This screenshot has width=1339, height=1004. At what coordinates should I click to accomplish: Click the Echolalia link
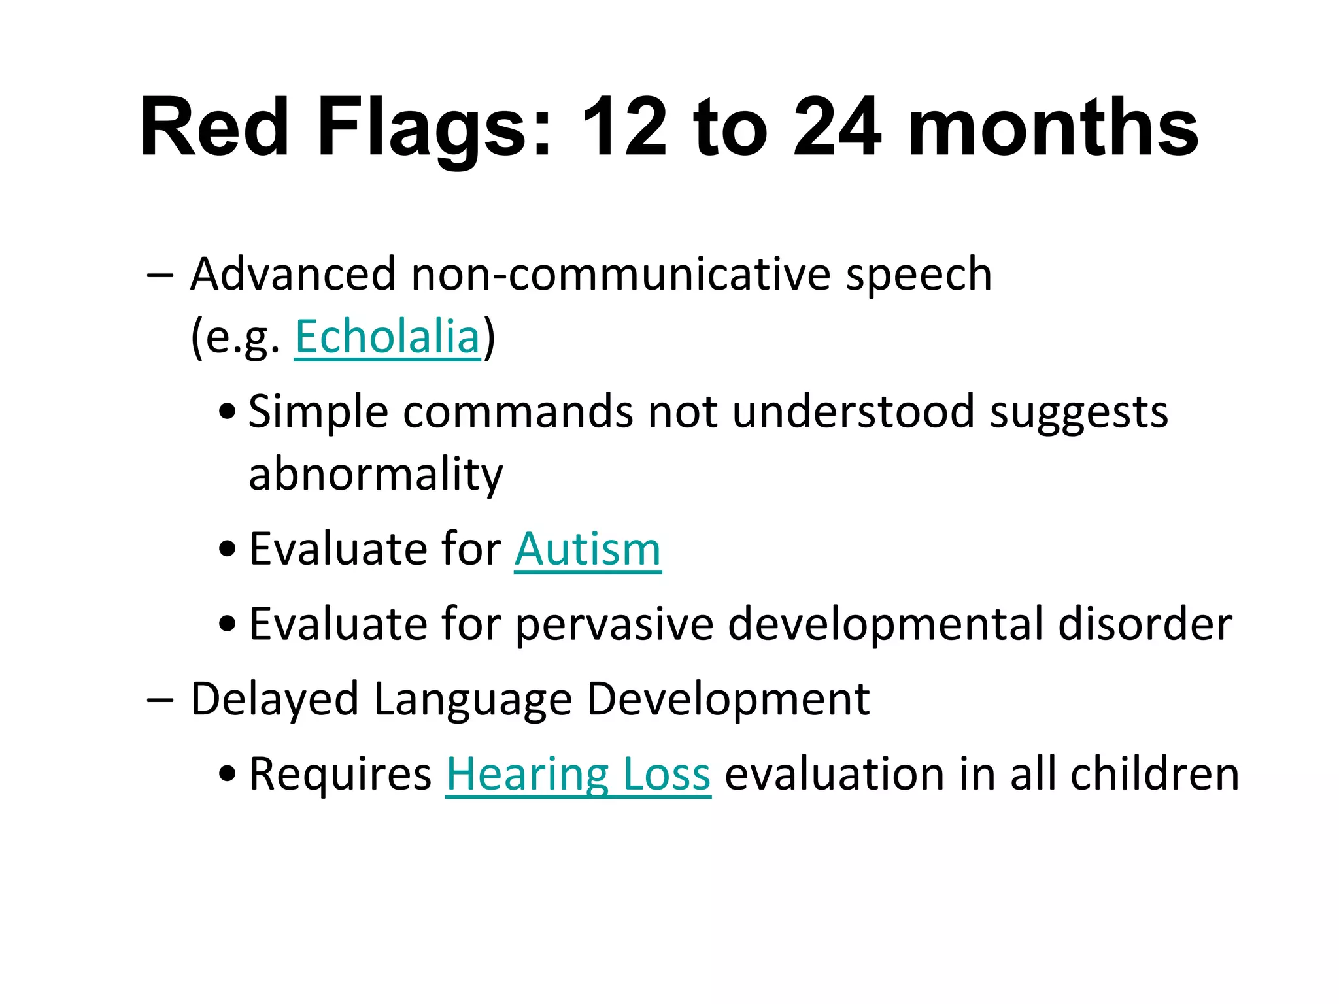pos(387,337)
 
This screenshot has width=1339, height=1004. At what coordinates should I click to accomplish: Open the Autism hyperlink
pos(587,549)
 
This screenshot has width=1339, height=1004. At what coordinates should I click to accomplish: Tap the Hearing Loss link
pos(578,774)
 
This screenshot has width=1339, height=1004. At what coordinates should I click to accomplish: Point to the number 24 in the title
pos(836,127)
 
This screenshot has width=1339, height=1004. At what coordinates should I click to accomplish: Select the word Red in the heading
pos(214,127)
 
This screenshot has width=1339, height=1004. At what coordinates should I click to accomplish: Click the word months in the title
pos(1053,127)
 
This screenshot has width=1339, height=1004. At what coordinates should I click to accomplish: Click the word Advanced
pos(293,274)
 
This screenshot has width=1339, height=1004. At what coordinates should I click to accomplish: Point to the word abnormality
pos(376,475)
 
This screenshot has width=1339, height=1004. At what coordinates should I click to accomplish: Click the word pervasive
pos(614,625)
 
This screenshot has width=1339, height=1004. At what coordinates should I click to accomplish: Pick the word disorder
pos(1145,624)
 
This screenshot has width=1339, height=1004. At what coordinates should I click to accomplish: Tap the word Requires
pos(340,775)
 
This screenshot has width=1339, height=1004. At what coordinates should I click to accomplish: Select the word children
pos(1154,774)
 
